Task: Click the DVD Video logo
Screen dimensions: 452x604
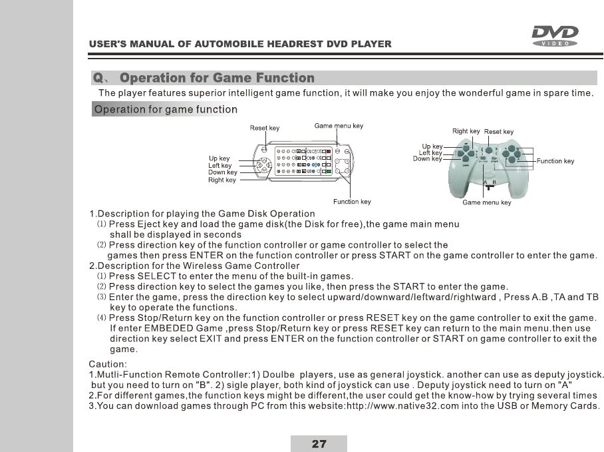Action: click(554, 35)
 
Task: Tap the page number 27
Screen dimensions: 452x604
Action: click(319, 444)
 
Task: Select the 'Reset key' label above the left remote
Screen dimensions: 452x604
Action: click(264, 128)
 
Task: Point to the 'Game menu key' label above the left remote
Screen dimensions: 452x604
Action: click(339, 126)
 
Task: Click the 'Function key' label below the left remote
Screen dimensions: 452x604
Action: click(351, 202)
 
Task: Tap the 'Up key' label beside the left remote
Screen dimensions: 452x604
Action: click(220, 158)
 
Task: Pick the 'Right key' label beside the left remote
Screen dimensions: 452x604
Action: click(222, 180)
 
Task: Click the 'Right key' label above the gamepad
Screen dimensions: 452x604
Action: click(466, 131)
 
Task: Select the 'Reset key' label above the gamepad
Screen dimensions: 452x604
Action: click(498, 132)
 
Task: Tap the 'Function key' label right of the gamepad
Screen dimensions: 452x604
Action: click(555, 161)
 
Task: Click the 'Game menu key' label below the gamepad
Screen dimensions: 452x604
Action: click(486, 202)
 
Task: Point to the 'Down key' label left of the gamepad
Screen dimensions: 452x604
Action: click(427, 159)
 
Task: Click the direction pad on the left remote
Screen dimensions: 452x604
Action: click(264, 164)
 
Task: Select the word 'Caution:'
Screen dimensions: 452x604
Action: click(108, 363)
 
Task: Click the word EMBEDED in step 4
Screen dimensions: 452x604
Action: click(172, 329)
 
